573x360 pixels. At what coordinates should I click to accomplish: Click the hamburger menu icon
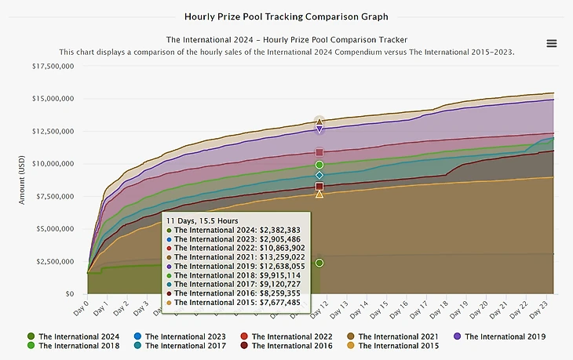coord(551,43)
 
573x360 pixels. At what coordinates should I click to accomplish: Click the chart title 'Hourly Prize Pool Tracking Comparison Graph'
coord(286,16)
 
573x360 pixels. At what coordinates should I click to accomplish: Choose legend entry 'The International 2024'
coord(75,336)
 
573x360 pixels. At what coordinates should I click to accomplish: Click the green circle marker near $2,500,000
coord(319,263)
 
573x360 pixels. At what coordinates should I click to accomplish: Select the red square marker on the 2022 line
coord(319,152)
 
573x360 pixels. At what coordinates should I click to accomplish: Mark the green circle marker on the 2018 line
coord(319,165)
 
